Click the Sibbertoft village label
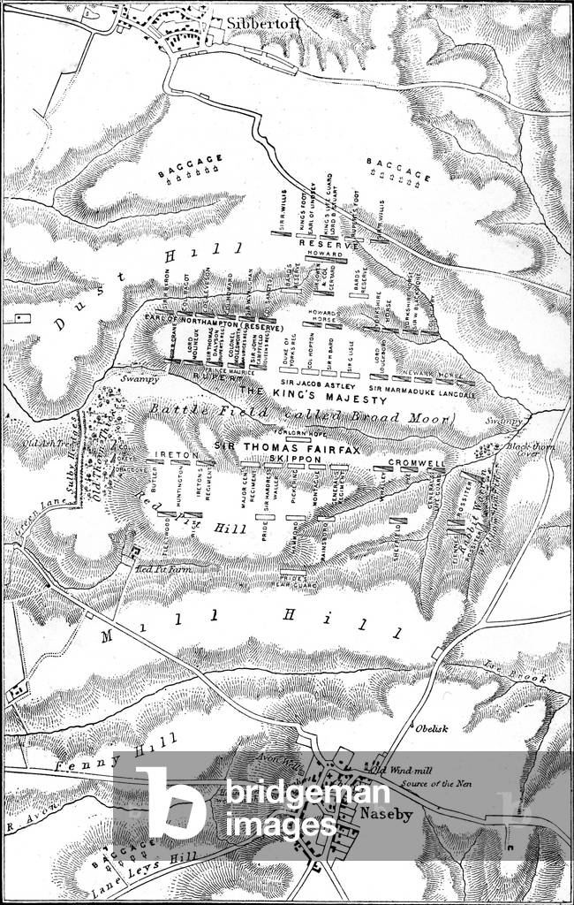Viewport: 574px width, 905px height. (251, 23)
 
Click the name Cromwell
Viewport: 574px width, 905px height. (414, 462)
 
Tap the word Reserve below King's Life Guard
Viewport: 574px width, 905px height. (321, 241)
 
